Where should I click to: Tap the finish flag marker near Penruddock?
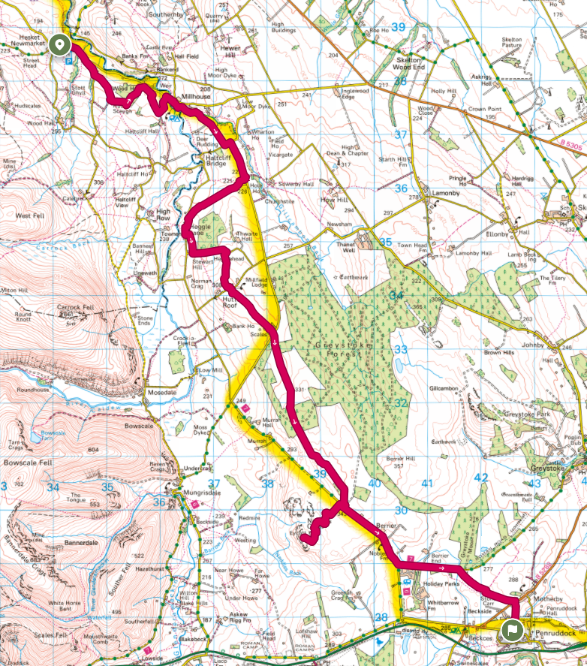coord(513,629)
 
